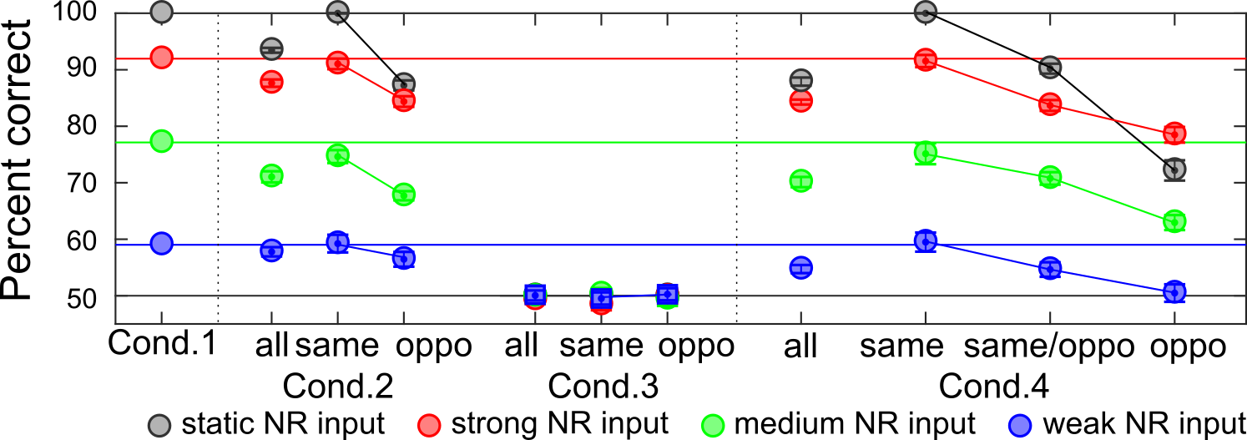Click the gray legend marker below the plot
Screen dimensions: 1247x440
pyautogui.click(x=159, y=426)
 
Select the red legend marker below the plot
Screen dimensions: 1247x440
pyautogui.click(x=429, y=426)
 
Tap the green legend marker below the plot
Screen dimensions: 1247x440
pyautogui.click(x=713, y=426)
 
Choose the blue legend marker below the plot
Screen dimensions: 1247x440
pyautogui.click(x=1020, y=426)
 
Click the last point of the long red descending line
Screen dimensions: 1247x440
pyautogui.click(x=1174, y=134)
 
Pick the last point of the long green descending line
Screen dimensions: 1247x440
pyautogui.click(x=1174, y=221)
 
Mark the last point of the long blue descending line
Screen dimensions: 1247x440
pyautogui.click(x=1174, y=292)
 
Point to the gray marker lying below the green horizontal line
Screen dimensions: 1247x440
pyautogui.click(x=1174, y=169)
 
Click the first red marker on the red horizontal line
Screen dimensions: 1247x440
pyautogui.click(x=161, y=58)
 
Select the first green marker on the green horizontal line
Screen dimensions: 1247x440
pyautogui.click(x=161, y=141)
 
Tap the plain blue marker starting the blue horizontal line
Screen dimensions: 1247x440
pyautogui.click(x=161, y=244)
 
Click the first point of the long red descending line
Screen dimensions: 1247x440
pyautogui.click(x=925, y=60)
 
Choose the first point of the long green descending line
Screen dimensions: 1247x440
pyautogui.click(x=925, y=153)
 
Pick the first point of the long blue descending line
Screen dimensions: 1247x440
pyautogui.click(x=925, y=241)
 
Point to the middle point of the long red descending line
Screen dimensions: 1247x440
pyautogui.click(x=1050, y=104)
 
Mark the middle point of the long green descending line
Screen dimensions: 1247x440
pyautogui.click(x=1050, y=177)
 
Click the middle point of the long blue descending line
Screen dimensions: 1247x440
pyautogui.click(x=1050, y=268)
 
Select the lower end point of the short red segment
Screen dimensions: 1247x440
pyautogui.click(x=403, y=100)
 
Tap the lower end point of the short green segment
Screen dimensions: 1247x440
pyautogui.click(x=403, y=195)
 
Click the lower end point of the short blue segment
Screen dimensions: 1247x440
pyautogui.click(x=403, y=258)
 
